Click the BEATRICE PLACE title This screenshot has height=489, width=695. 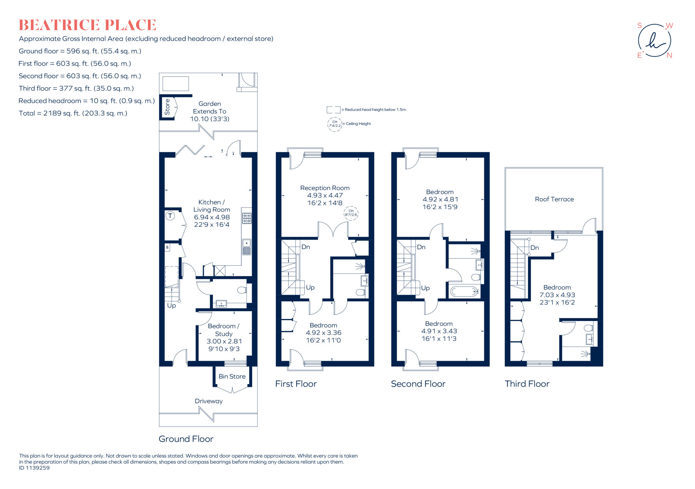click(x=87, y=25)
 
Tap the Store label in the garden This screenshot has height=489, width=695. click(x=167, y=107)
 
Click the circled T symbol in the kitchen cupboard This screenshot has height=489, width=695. click(x=170, y=216)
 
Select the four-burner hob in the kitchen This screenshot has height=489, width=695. click(x=247, y=218)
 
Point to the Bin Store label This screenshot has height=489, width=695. click(x=232, y=376)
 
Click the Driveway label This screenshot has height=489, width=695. click(x=209, y=401)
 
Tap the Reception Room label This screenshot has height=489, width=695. click(x=325, y=188)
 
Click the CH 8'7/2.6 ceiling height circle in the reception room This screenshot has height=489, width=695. click(x=351, y=213)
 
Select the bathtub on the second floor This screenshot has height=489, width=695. click(x=464, y=291)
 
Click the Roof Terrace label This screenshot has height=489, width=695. click(x=554, y=199)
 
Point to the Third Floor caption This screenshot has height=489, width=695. click(x=527, y=384)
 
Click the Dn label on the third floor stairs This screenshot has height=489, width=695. click(x=534, y=248)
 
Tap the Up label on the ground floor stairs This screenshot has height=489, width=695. click(x=171, y=305)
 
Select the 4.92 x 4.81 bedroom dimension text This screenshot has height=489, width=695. click(x=440, y=200)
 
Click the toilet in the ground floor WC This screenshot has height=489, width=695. click(x=242, y=290)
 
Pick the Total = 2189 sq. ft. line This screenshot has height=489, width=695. click(x=73, y=113)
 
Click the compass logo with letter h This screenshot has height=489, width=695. click(x=654, y=41)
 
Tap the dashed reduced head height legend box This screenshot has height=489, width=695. click(x=333, y=110)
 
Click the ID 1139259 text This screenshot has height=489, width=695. click(x=34, y=468)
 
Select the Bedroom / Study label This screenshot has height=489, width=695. click(x=223, y=330)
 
